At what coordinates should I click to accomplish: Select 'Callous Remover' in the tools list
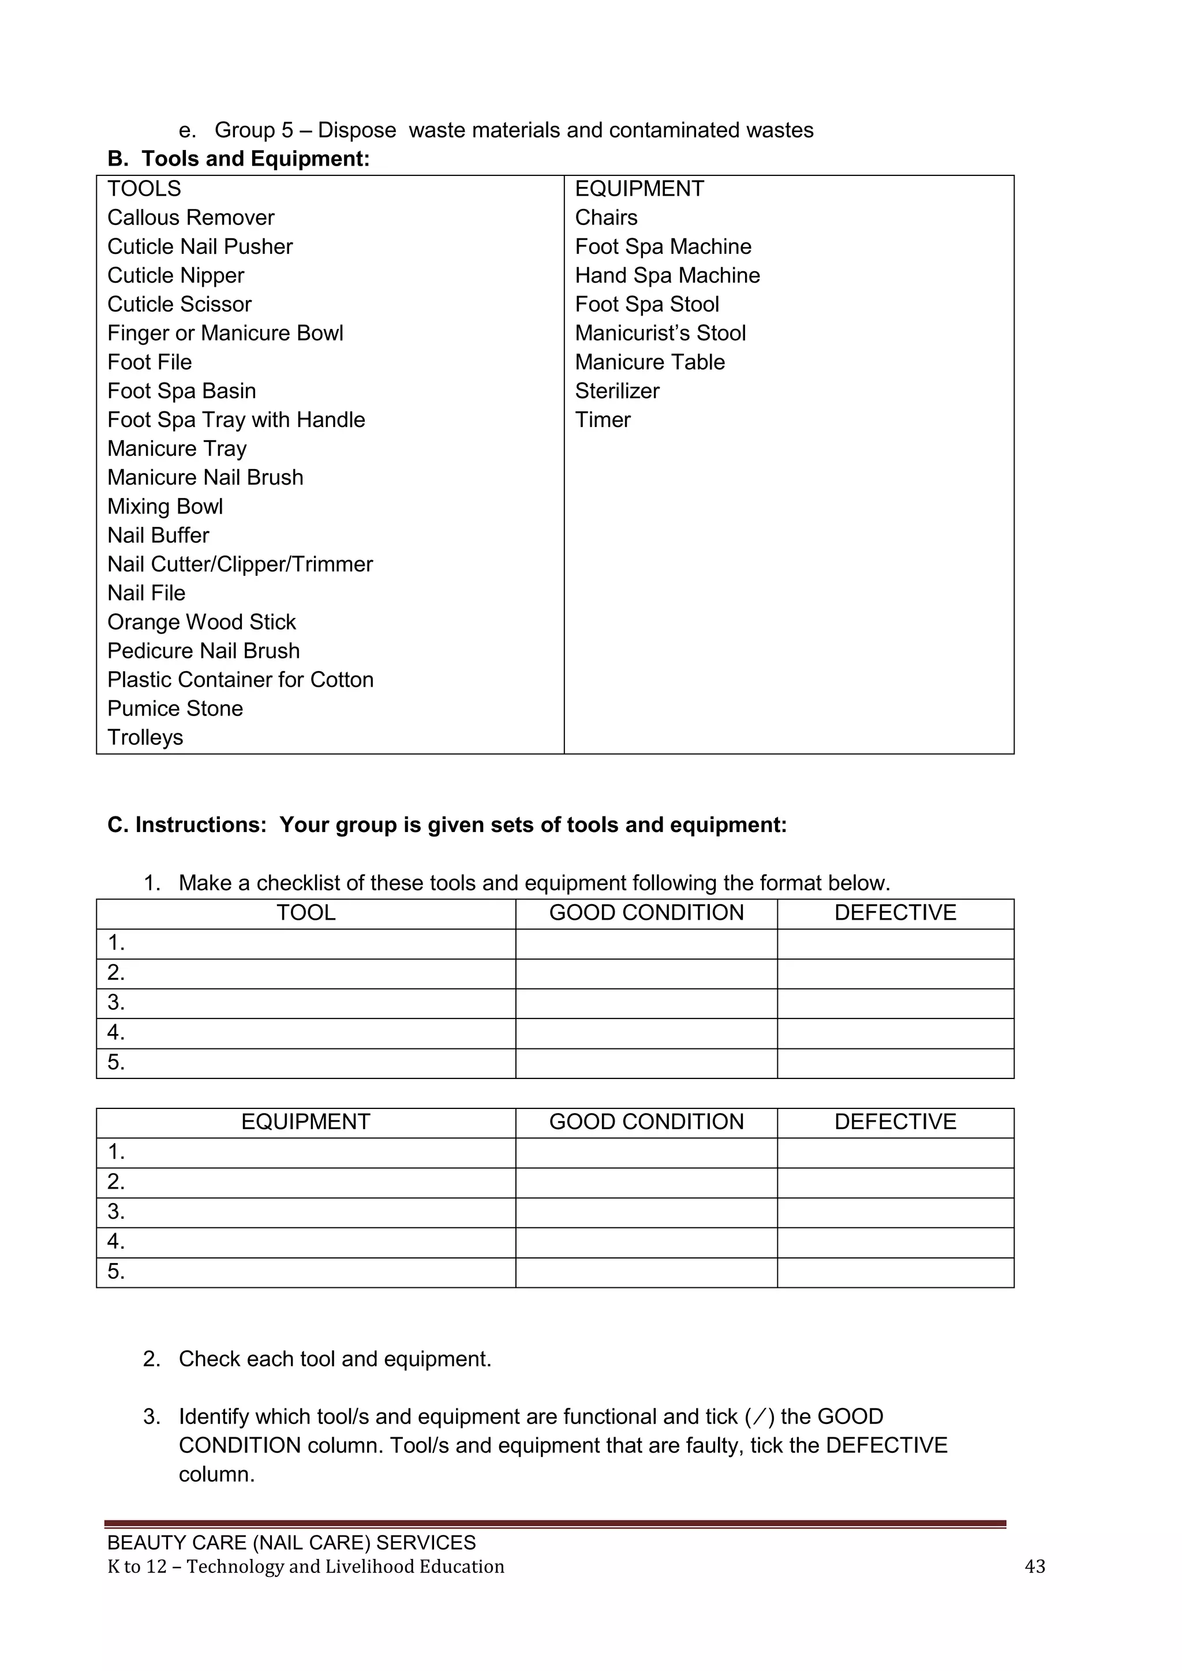pos(190,218)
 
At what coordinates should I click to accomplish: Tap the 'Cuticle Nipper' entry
pos(175,275)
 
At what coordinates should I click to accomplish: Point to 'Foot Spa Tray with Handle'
pos(236,420)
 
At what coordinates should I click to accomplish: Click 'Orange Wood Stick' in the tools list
pos(201,622)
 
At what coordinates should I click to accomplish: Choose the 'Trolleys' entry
pos(145,737)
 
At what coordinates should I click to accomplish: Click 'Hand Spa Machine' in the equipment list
pos(667,275)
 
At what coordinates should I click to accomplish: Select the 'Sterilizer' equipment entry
pos(616,391)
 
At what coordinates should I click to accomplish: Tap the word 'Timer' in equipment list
pos(602,420)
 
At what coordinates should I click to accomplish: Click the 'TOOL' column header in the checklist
pos(306,913)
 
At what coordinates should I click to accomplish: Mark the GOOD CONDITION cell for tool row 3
pos(646,1003)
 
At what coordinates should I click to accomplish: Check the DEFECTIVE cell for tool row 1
pos(895,943)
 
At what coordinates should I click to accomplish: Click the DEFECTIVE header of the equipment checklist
pos(895,1122)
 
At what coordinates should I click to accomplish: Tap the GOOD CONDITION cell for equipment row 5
pos(646,1272)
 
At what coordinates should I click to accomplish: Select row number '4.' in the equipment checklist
pos(117,1242)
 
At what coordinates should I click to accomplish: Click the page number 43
pos(1034,1566)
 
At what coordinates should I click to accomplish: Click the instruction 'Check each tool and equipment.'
pos(335,1359)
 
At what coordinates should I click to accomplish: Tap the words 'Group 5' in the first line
pos(253,130)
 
